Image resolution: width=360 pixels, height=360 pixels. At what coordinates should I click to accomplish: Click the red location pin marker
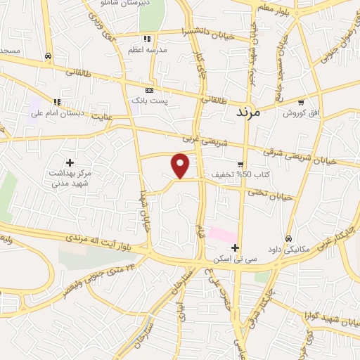pos(181,165)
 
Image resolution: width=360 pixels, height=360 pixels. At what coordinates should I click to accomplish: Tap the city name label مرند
pos(248,112)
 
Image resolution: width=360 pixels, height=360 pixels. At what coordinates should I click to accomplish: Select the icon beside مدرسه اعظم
pos(147,39)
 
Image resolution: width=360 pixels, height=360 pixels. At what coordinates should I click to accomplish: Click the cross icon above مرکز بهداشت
pos(70,162)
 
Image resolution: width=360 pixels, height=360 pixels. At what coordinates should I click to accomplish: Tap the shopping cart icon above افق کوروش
pos(302,102)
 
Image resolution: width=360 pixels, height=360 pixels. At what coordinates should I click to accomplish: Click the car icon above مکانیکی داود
pos(289,238)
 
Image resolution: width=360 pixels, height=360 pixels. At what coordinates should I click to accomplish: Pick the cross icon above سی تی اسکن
pos(235,247)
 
